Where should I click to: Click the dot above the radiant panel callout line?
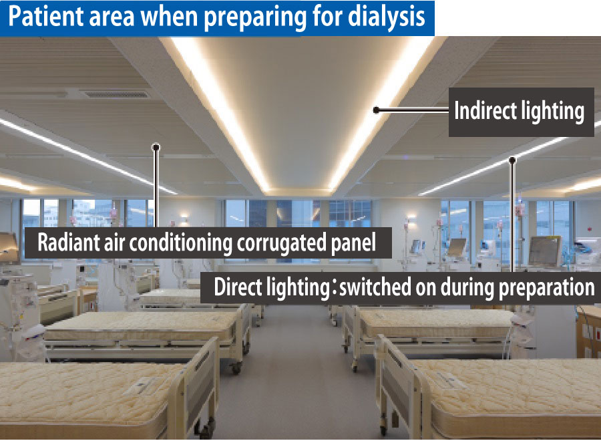(156, 147)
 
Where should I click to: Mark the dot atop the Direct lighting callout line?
(512, 160)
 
